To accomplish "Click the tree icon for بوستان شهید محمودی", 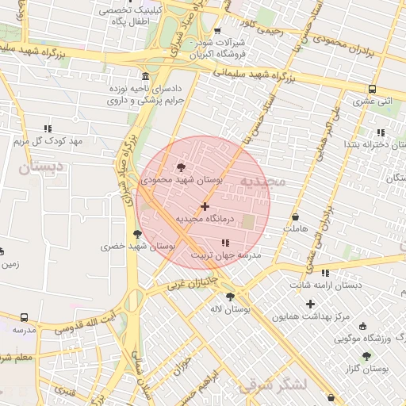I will pyautogui.click(x=182, y=167).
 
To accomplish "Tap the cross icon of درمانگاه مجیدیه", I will pyautogui.click(x=205, y=206).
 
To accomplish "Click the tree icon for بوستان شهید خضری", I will pyautogui.click(x=139, y=234).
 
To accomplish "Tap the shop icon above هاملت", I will pyautogui.click(x=296, y=216).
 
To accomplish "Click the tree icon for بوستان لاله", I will pyautogui.click(x=230, y=297).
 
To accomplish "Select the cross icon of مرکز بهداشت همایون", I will pyautogui.click(x=310, y=304).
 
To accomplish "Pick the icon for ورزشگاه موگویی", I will pyautogui.click(x=363, y=326).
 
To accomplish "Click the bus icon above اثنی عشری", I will pyautogui.click(x=372, y=89).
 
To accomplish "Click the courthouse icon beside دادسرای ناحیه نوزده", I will pyautogui.click(x=143, y=77).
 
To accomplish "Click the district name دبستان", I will pyautogui.click(x=34, y=168).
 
